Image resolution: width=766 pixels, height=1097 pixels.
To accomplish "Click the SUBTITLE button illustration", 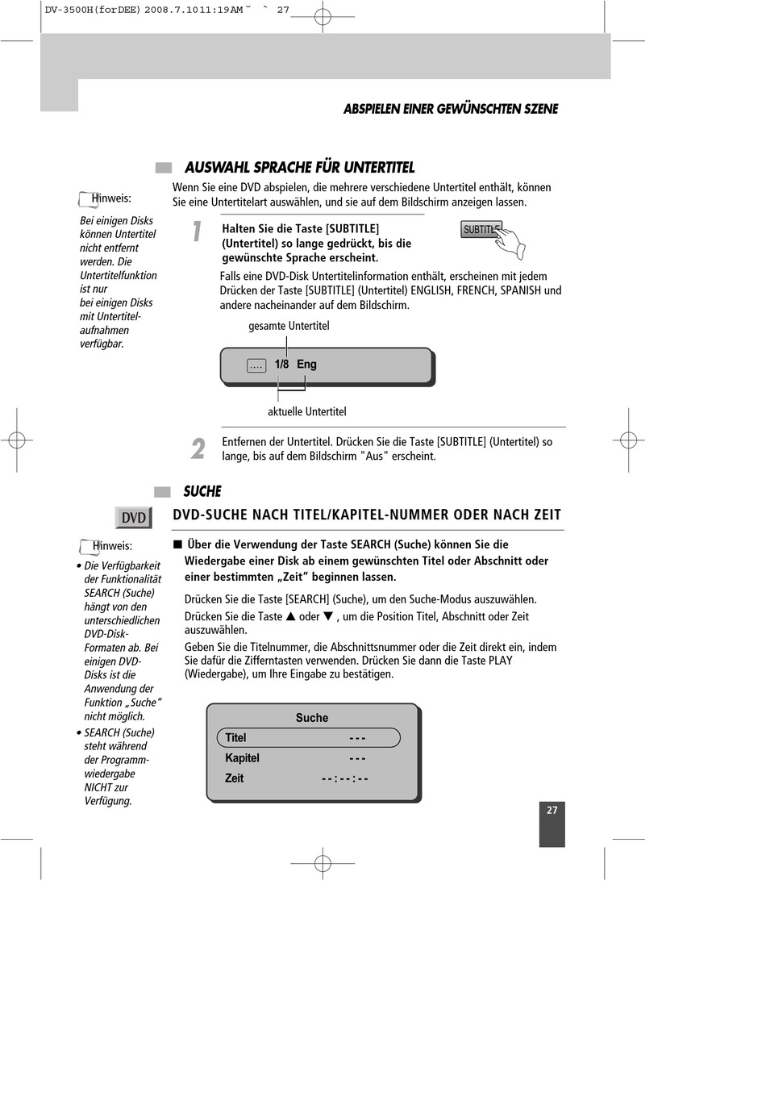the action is click(x=481, y=229).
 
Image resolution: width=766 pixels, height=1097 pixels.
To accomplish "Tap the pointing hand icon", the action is click(x=510, y=242).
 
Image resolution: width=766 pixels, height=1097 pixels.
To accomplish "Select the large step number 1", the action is click(x=197, y=231).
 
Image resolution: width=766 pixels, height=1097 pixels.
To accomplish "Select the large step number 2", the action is click(x=198, y=448).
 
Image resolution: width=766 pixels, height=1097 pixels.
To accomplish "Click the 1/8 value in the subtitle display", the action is click(x=281, y=365).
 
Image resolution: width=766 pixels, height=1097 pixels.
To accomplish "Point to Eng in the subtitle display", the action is click(x=306, y=365).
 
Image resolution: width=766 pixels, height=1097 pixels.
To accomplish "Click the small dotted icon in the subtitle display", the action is click(x=256, y=365).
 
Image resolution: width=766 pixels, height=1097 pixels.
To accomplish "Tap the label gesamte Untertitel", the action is click(x=289, y=326).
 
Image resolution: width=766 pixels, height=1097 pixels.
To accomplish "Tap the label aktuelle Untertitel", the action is click(x=307, y=412).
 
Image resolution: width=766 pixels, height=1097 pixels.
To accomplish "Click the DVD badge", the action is click(x=134, y=518).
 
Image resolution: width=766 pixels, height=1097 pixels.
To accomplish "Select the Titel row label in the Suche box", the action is click(x=235, y=737).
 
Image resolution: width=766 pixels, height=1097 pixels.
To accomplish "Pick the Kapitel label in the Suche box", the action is click(x=242, y=758).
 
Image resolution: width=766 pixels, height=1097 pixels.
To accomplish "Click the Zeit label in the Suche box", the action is click(x=234, y=778).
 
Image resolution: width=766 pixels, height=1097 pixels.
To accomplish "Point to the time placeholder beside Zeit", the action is click(x=345, y=778).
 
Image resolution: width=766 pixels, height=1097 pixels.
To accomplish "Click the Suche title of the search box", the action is click(x=312, y=718).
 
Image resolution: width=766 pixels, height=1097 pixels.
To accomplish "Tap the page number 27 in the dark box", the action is click(x=552, y=811).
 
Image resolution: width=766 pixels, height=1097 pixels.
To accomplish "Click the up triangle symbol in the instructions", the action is click(x=291, y=616).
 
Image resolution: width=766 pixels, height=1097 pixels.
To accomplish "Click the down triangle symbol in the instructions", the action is click(x=328, y=616).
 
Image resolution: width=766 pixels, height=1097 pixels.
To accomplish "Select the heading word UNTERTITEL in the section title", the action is click(x=379, y=168).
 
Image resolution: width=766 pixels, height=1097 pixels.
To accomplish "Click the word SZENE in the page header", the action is click(x=541, y=109).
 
